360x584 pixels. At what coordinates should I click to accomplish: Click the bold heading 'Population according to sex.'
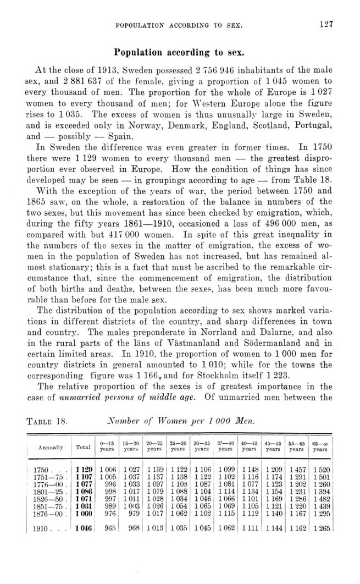(x=180, y=53)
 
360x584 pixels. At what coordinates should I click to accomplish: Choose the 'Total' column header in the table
(x=83, y=448)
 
